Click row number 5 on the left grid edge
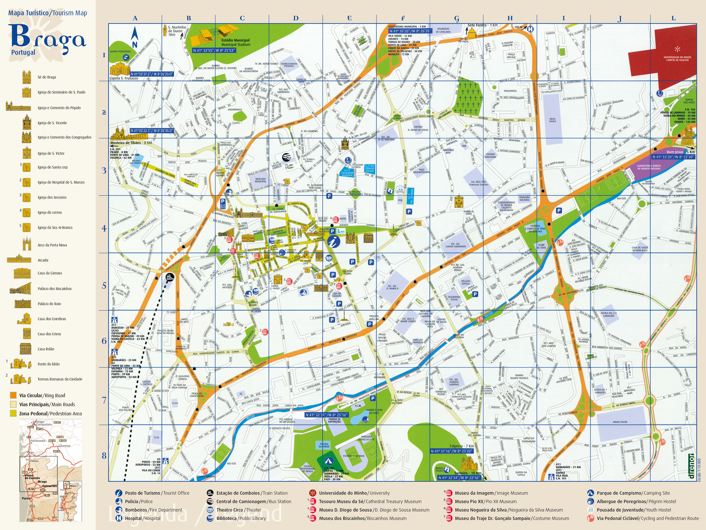click(x=104, y=285)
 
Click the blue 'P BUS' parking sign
click(x=223, y=204)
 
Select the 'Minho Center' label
click(x=620, y=422)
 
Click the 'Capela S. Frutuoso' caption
click(x=124, y=78)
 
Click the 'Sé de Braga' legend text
click(x=47, y=77)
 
